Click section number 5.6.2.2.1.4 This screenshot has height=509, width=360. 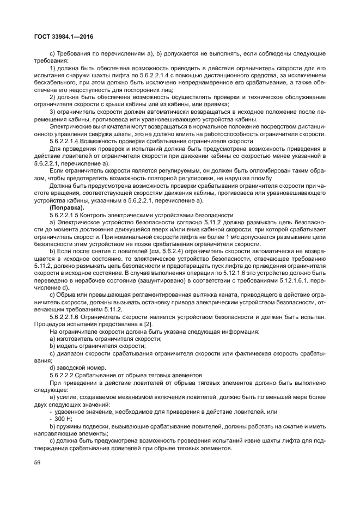[68, 140]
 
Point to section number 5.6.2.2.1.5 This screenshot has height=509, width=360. [68, 216]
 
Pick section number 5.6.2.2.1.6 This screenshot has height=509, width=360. [68, 316]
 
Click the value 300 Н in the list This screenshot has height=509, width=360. [58, 419]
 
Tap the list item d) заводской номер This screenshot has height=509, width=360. [76, 368]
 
